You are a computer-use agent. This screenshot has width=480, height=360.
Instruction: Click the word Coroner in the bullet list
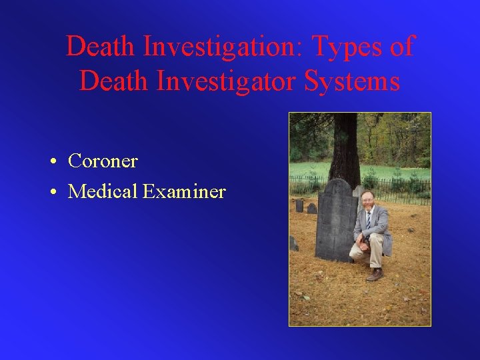(103, 161)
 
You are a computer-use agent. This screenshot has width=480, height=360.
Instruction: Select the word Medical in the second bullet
(103, 192)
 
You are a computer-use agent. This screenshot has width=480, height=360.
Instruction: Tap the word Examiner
(185, 192)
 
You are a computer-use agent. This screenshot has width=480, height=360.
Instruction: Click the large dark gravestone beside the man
(336, 220)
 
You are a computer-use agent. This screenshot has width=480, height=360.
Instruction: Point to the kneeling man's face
(367, 200)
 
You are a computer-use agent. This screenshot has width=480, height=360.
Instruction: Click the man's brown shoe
(375, 274)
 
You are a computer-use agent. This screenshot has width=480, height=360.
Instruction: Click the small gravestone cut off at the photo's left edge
(293, 244)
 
